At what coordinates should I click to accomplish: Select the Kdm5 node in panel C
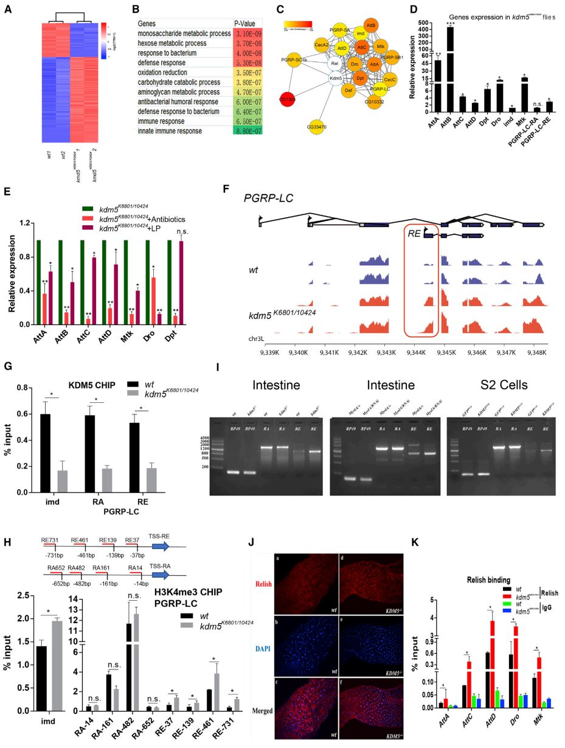334,78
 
